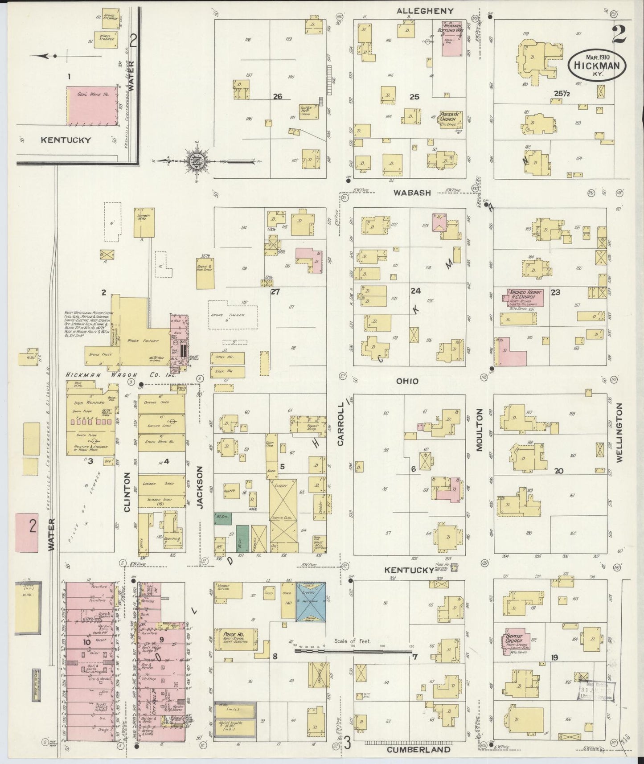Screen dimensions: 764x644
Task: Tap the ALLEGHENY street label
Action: pos(425,11)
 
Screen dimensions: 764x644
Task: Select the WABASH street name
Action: pos(412,193)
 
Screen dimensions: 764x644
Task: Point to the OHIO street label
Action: pos(407,381)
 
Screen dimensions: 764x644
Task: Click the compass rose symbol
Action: pos(196,161)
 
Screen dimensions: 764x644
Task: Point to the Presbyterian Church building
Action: pos(450,118)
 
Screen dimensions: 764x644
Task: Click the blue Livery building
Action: pos(311,601)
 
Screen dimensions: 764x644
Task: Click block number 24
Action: pos(415,291)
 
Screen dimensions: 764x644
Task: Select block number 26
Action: pos(277,96)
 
